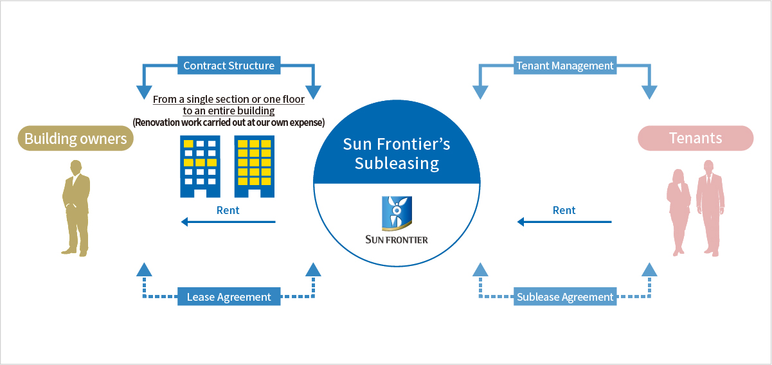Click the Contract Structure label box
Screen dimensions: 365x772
[x=228, y=66]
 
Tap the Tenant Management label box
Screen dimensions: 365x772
[x=565, y=66]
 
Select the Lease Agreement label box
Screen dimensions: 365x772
[x=228, y=297]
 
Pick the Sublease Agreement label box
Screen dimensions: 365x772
[x=565, y=297]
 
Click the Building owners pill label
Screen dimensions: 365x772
[x=75, y=139]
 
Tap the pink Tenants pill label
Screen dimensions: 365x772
[x=695, y=138]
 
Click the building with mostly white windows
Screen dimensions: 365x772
[x=200, y=166]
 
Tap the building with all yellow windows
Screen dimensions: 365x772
[x=254, y=166]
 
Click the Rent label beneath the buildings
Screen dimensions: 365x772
[x=228, y=210]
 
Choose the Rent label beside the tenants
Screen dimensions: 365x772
[x=564, y=210]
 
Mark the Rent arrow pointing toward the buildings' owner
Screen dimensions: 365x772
[x=228, y=222]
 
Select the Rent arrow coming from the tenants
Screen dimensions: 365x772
[x=564, y=222]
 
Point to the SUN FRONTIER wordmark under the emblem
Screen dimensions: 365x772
[x=396, y=240]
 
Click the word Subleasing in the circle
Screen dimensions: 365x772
[x=397, y=163]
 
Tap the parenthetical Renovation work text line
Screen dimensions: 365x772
[x=228, y=122]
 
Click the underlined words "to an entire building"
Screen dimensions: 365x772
[x=228, y=111]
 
